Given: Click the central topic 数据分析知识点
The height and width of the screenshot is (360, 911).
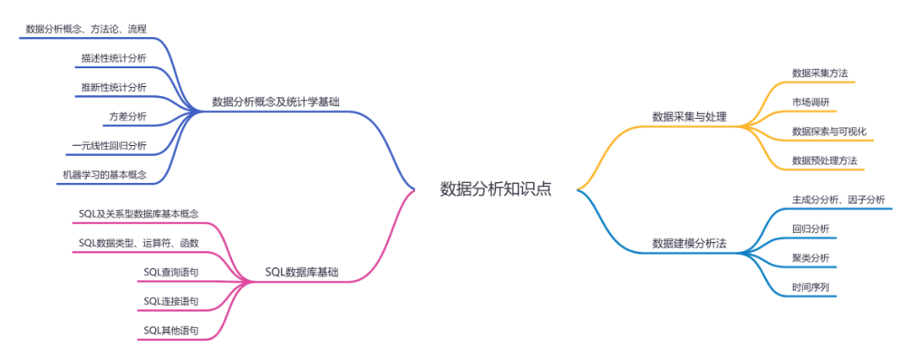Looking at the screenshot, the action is tap(496, 189).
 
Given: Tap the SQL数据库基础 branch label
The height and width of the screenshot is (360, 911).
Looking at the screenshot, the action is tap(303, 272).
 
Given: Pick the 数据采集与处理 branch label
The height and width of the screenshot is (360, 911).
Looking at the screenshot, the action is tap(689, 116).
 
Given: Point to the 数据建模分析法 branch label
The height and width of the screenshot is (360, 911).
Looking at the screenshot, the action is tap(689, 244).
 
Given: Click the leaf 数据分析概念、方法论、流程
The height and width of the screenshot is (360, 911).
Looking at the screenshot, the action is tap(86, 29).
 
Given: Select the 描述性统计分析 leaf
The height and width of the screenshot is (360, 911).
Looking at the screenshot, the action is tap(113, 58).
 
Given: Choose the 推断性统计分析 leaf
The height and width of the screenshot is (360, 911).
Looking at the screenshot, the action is tap(113, 87).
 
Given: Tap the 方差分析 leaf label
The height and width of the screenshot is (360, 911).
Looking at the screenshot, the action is tap(127, 116).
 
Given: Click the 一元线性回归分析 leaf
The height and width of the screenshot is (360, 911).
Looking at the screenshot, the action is tap(109, 146).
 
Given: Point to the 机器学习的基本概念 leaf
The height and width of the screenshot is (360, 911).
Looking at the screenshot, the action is tap(105, 175).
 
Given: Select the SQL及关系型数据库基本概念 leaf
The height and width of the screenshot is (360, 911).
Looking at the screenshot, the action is tap(138, 214).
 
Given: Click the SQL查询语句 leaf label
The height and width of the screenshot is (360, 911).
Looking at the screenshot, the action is tap(170, 271).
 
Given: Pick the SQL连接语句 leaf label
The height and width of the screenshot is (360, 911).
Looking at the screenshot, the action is tap(170, 301).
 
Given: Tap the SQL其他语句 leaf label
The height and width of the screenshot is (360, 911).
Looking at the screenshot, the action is tap(170, 330).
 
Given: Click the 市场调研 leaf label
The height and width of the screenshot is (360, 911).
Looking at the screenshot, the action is tap(810, 102).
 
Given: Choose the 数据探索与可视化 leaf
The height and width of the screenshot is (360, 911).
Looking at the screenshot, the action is tap(829, 132).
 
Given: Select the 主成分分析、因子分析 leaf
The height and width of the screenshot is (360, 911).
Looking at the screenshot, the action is tap(838, 200).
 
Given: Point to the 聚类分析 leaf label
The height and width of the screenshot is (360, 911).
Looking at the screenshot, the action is tap(810, 257).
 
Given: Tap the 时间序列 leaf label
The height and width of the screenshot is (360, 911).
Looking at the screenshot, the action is tap(810, 287).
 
